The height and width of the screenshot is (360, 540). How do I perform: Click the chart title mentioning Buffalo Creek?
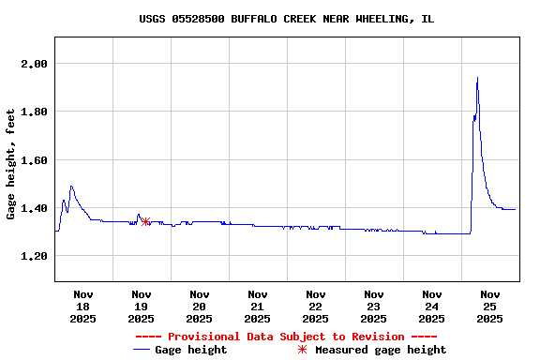click(286, 19)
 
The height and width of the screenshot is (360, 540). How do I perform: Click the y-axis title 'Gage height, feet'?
click(11, 164)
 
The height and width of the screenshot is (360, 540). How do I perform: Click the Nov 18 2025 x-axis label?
click(82, 307)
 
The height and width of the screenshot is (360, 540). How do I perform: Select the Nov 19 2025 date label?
click(141, 307)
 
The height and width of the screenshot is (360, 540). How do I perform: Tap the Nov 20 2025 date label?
click(199, 307)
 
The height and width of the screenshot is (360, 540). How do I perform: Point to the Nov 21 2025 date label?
click(257, 307)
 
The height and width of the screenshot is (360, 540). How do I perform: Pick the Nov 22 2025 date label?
click(315, 307)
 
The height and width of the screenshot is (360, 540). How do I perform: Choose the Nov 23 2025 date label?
click(373, 307)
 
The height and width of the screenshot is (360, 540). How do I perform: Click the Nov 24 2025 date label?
click(431, 307)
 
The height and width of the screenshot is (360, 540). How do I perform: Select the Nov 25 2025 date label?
click(489, 307)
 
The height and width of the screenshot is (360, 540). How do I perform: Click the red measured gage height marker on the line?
click(145, 222)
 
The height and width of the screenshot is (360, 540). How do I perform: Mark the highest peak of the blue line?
click(477, 78)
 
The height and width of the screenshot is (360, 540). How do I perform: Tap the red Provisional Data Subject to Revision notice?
click(286, 337)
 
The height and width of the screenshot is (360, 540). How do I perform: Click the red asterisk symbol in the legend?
click(302, 350)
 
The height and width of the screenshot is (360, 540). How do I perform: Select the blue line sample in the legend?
click(142, 350)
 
